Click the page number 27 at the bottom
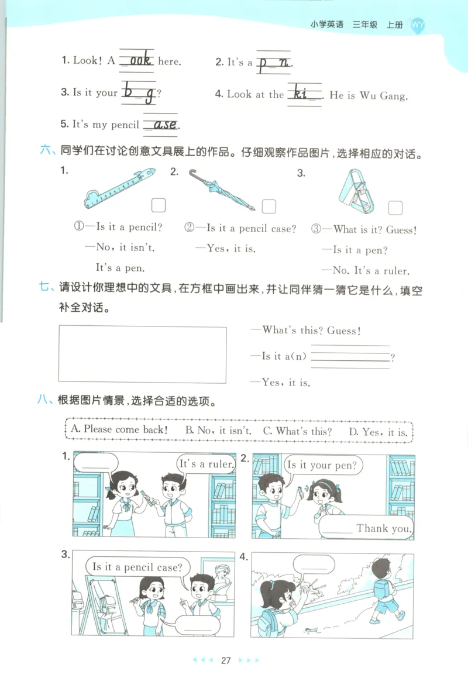point(226,660)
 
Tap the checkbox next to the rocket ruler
point(159,205)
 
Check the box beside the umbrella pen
point(269,207)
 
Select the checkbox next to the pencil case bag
point(395,208)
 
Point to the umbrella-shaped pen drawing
point(221,190)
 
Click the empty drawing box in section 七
point(142,354)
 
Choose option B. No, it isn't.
point(218,431)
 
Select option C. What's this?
point(297,431)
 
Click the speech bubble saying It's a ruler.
point(206,464)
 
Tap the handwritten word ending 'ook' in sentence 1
point(137,60)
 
